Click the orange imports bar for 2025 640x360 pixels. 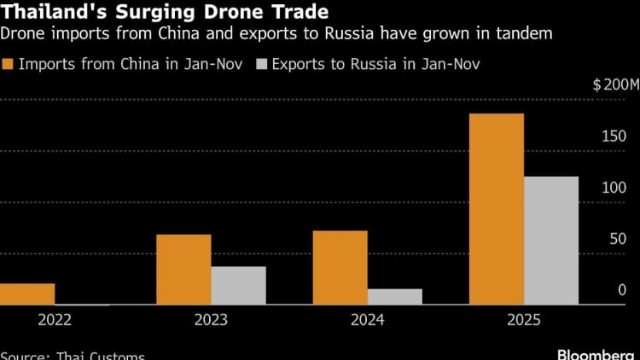(x=497, y=209)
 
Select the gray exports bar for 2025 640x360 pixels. (x=551, y=241)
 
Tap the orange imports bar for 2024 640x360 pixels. (x=340, y=268)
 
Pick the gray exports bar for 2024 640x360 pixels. (x=394, y=297)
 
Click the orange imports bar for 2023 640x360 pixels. (x=183, y=270)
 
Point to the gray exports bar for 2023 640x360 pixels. (x=238, y=286)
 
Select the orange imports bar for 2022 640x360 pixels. (x=26, y=294)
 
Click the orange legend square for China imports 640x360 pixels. (x=9, y=65)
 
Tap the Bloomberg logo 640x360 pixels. (x=594, y=352)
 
